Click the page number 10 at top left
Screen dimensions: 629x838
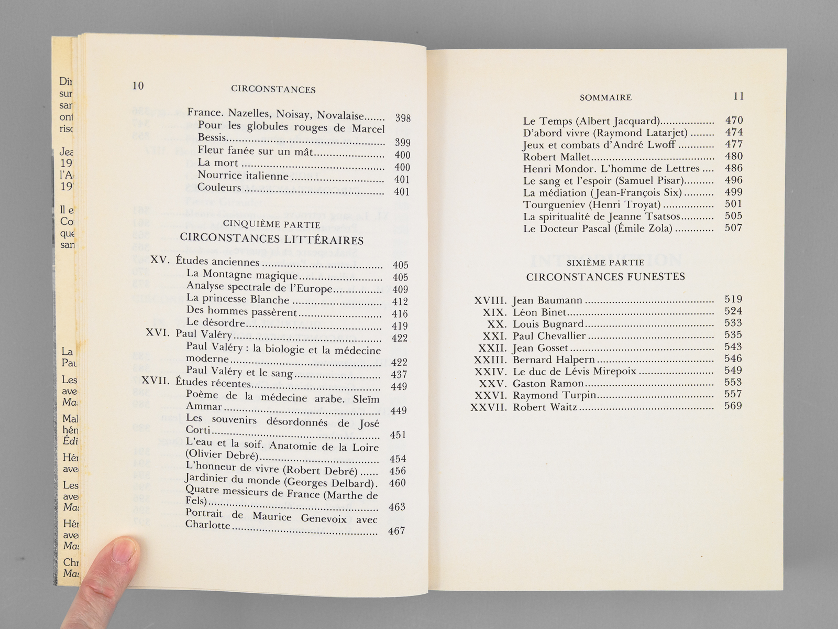tap(138, 86)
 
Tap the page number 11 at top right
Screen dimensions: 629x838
tap(738, 96)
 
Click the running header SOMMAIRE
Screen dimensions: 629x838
tap(605, 97)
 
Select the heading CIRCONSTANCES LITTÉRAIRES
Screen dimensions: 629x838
tap(271, 240)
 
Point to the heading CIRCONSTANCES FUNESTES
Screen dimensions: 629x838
tap(605, 277)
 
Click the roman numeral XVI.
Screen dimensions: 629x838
tap(157, 334)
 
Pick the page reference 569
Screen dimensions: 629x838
tap(733, 406)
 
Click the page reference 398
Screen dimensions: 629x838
tap(403, 118)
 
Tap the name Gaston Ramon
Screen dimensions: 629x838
tap(541, 383)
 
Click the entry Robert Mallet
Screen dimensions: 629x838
tap(556, 156)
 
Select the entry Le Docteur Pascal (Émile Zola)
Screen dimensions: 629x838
tap(598, 229)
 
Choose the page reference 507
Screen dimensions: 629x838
tap(733, 228)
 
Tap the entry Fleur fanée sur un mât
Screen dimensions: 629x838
tap(255, 152)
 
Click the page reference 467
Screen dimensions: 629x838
tap(396, 531)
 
